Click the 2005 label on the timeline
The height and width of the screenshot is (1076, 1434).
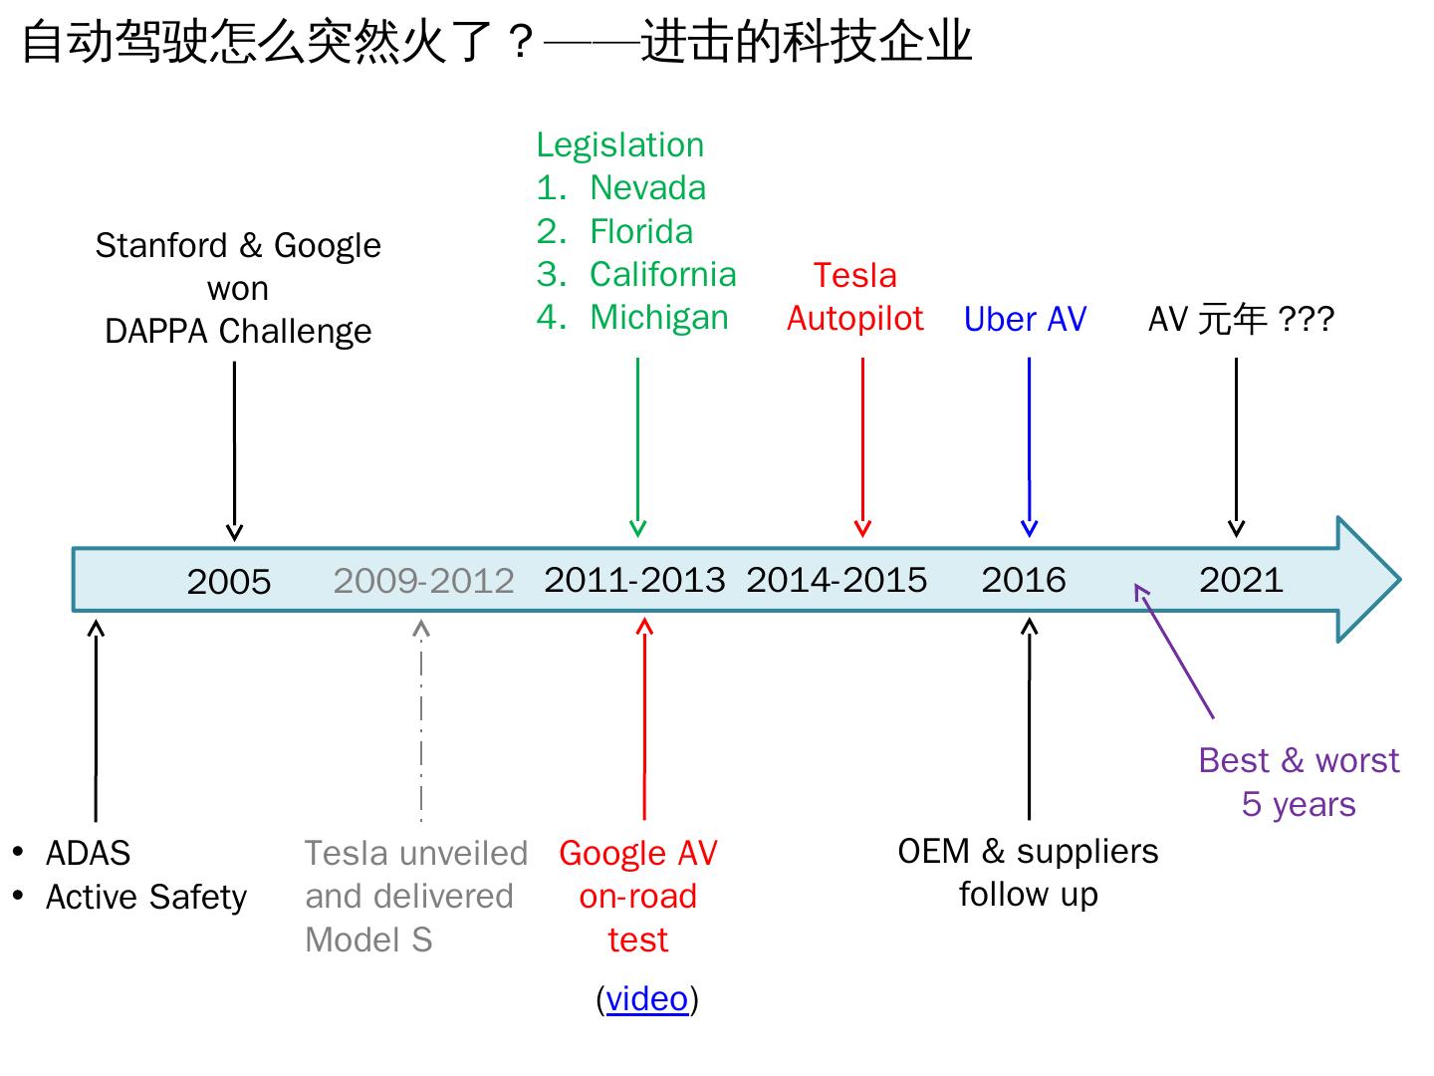(x=229, y=582)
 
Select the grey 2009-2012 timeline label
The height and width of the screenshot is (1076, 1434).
(x=423, y=581)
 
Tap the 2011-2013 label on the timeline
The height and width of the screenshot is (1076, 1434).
(x=634, y=580)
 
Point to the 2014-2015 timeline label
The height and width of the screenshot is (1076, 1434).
(x=836, y=580)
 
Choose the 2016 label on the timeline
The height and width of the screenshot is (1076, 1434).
(x=1024, y=580)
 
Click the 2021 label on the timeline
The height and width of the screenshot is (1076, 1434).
(x=1241, y=580)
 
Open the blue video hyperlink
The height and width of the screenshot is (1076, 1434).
(x=647, y=998)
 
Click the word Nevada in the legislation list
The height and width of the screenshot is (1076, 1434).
(x=647, y=187)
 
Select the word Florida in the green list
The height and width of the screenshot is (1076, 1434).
(x=641, y=231)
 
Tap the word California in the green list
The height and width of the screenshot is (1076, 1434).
(x=662, y=274)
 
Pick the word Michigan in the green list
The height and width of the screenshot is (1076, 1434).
(x=658, y=317)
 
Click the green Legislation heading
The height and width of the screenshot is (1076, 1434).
(x=619, y=144)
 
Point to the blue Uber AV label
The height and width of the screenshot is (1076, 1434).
(x=1025, y=319)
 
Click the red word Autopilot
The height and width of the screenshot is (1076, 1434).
(x=855, y=319)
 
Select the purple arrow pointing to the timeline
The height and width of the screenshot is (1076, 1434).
(x=1175, y=652)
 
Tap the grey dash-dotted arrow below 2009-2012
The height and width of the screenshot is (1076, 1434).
(x=421, y=717)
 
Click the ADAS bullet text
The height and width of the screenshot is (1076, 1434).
(x=88, y=854)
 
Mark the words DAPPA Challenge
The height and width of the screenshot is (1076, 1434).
(x=238, y=331)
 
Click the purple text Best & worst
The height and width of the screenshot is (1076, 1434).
(x=1299, y=760)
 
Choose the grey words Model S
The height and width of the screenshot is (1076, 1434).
(x=368, y=940)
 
